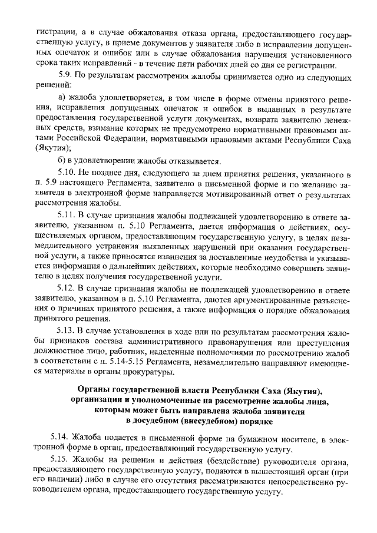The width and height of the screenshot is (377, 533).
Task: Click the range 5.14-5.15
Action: point(119,362)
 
